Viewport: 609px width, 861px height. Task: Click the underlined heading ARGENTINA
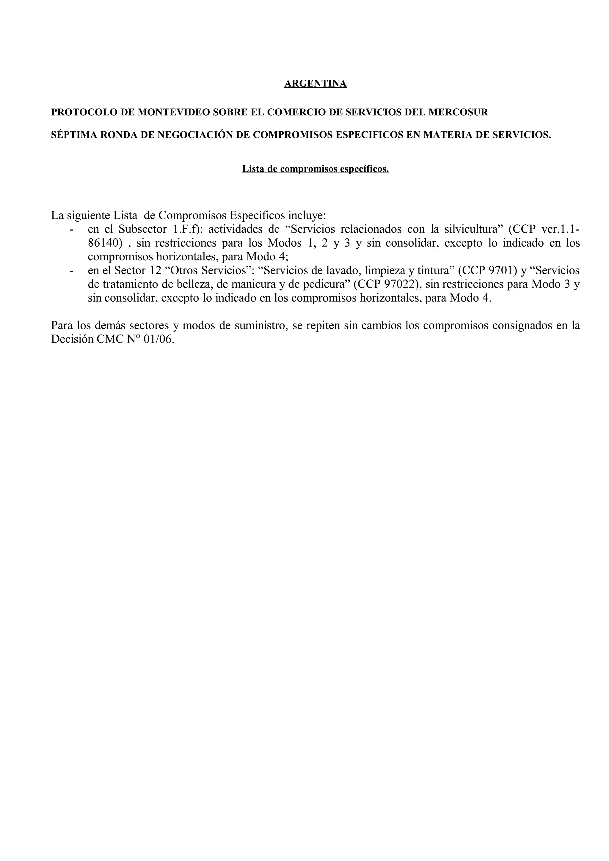pos(315,83)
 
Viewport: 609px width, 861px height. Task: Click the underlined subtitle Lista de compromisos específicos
pos(315,169)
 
